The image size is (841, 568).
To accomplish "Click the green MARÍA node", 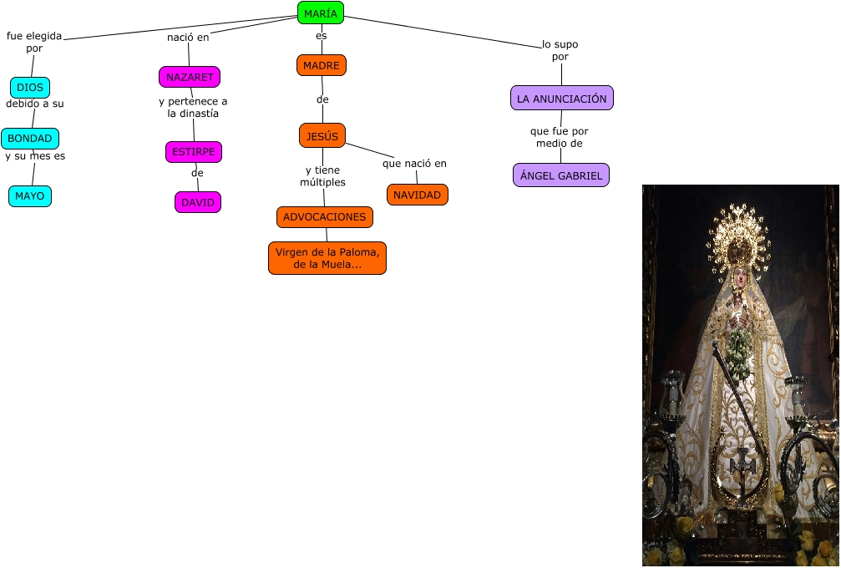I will point(321,13).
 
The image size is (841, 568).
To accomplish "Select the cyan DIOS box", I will point(30,88).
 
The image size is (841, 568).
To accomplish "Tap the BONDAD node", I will point(30,139).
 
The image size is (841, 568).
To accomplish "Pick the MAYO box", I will point(30,196).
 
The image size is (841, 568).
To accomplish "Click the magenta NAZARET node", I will point(190,77).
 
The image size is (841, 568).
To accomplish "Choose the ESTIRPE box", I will point(194,152).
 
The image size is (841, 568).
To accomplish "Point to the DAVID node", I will point(198,202).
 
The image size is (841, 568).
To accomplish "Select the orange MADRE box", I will point(322,65).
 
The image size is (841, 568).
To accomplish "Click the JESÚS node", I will point(322,135).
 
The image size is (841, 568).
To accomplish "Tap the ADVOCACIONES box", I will point(325,217).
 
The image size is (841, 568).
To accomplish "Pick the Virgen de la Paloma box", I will point(327,258).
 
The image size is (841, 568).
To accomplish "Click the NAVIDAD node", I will point(418,195).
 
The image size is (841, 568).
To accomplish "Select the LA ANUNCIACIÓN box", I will point(562,99).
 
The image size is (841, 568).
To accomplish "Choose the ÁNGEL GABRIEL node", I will point(561,175).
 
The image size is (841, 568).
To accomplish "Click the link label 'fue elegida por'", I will point(34,43).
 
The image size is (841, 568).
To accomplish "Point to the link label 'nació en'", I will point(188,38).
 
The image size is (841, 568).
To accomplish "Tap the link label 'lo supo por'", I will point(560,50).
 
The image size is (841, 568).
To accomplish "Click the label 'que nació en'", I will point(415,163).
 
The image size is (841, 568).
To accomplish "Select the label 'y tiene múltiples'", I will point(322,176).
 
